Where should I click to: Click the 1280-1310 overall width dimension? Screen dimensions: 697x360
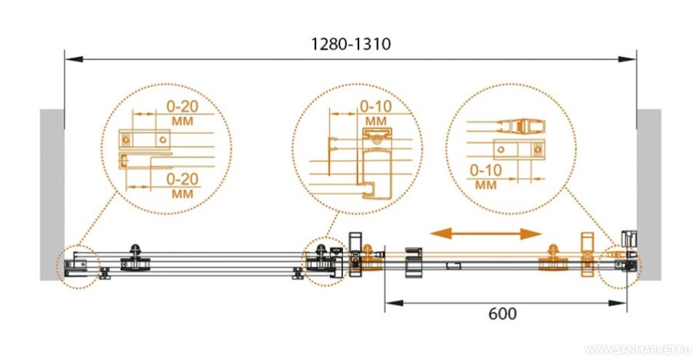[351, 44]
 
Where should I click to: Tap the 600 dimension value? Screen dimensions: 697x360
[502, 314]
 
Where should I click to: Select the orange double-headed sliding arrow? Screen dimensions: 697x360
[486, 234]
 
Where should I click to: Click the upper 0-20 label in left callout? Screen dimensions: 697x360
[182, 107]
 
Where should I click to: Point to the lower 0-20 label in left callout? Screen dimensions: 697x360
[182, 180]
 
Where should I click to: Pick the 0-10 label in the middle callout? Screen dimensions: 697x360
[376, 107]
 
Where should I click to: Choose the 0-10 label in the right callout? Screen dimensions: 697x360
[486, 170]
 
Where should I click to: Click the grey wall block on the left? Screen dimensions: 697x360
[52, 194]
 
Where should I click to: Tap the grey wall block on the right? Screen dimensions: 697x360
[649, 194]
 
